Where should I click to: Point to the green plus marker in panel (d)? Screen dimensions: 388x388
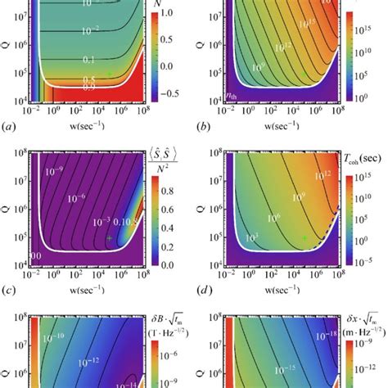click(x=303, y=237)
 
